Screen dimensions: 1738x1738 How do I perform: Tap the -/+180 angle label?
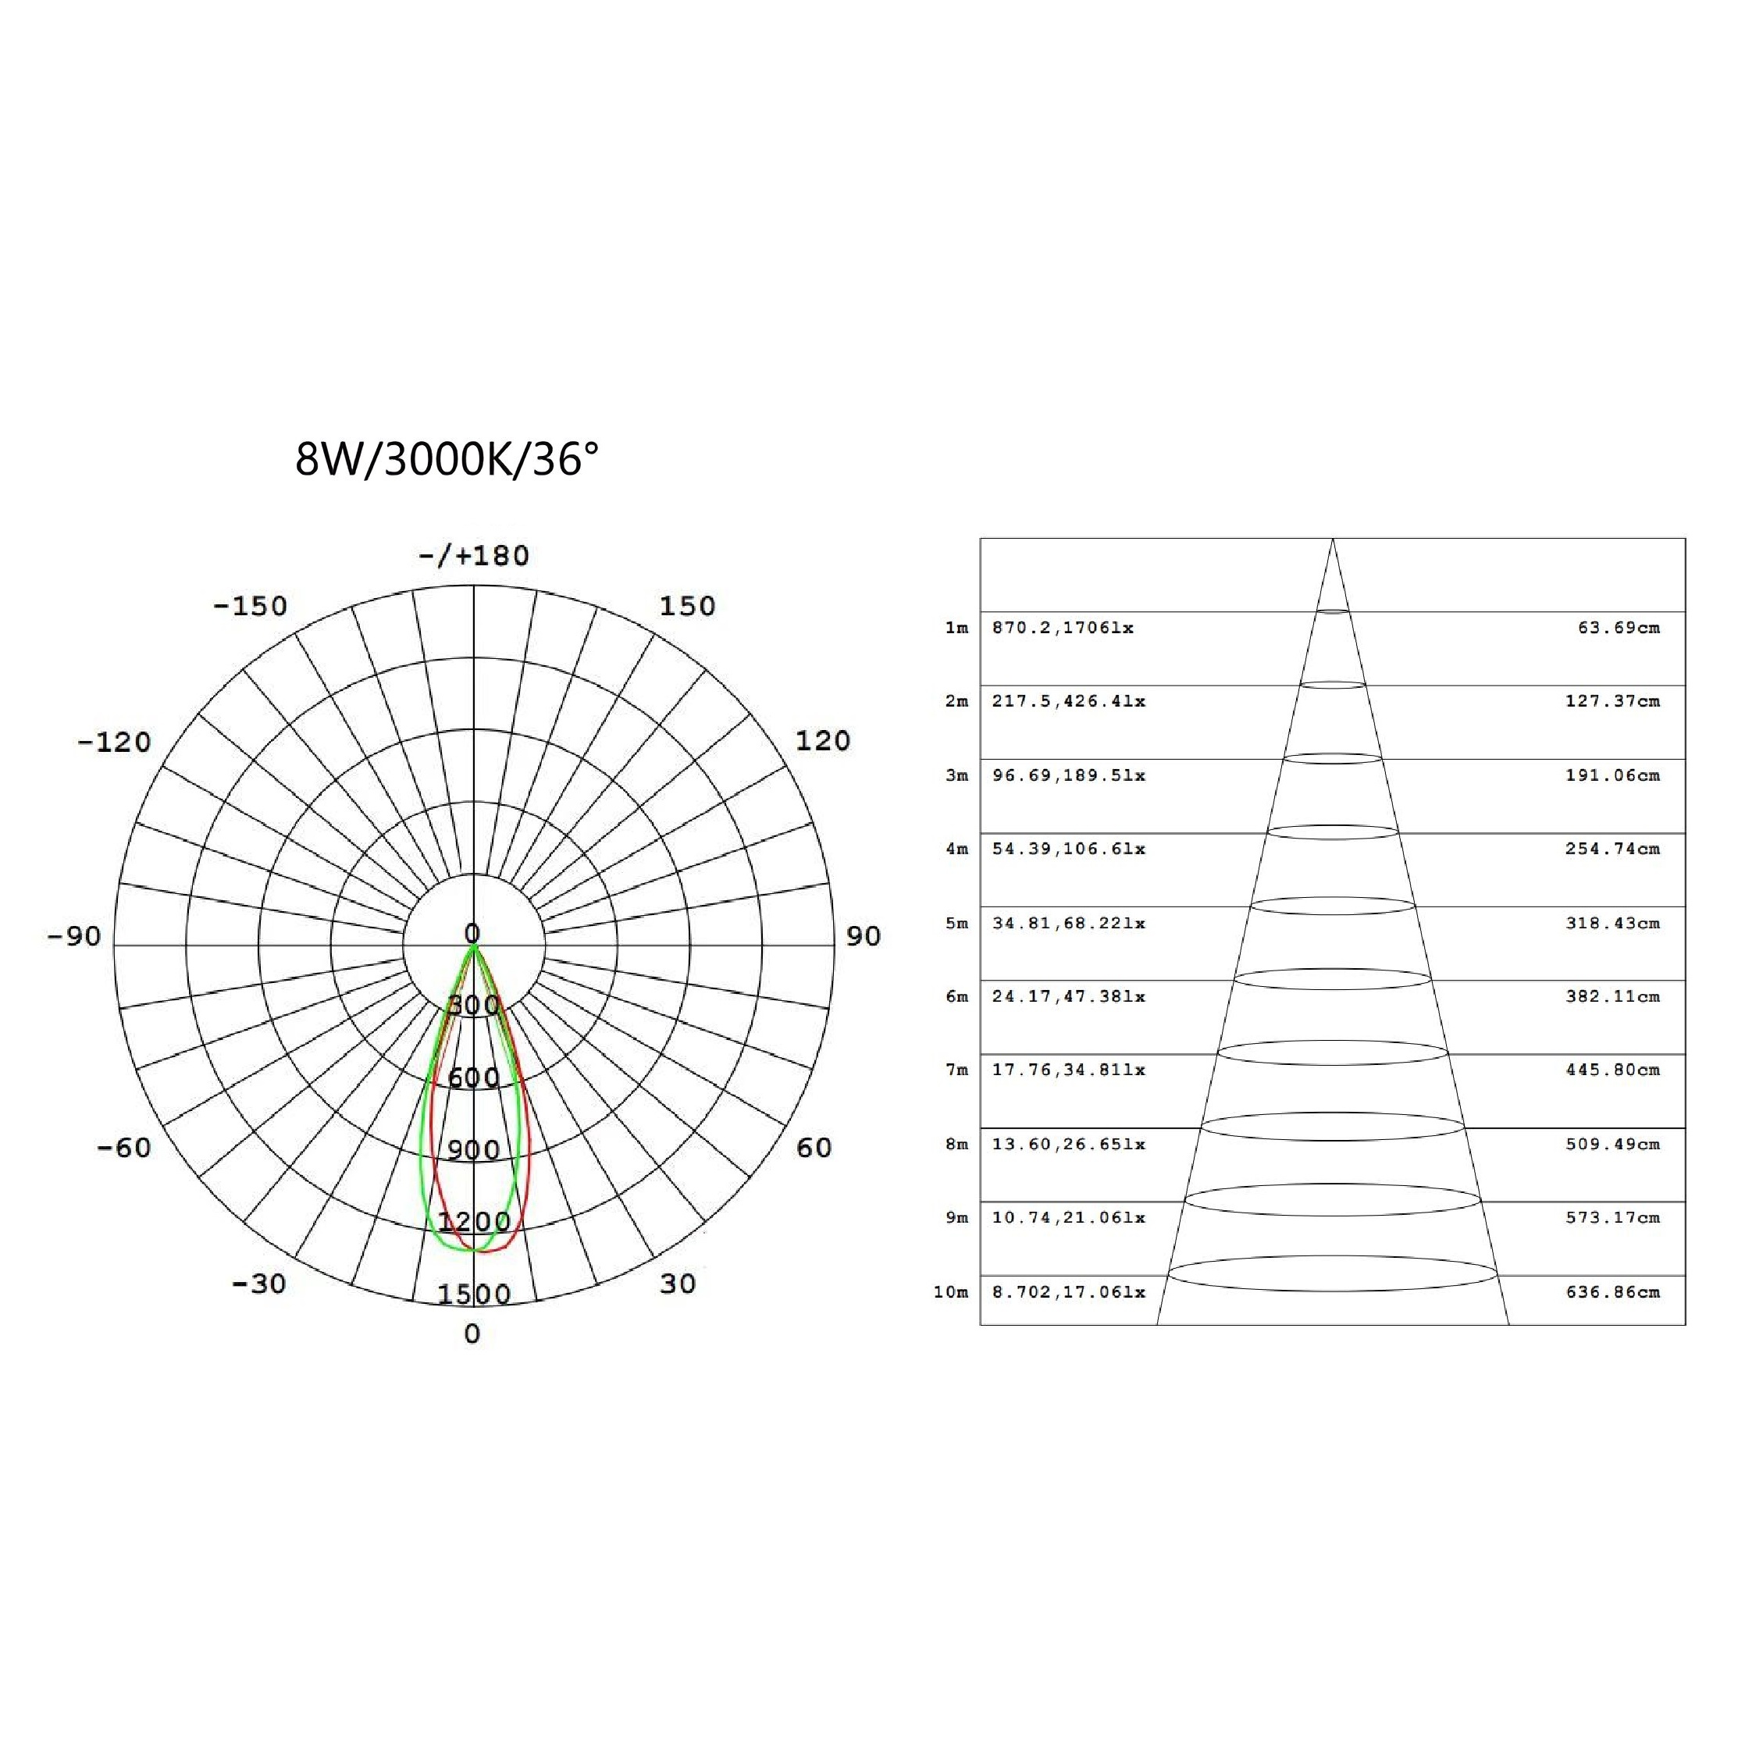click(x=474, y=555)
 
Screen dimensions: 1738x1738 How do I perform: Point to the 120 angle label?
click(x=823, y=740)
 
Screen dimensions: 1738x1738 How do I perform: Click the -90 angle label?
click(x=73, y=935)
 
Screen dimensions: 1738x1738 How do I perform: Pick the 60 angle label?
click(x=814, y=1147)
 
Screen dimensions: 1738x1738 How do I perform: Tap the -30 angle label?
click(x=259, y=1283)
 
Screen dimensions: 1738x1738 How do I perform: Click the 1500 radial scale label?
click(x=474, y=1294)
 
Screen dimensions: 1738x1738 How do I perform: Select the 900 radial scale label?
click(x=474, y=1149)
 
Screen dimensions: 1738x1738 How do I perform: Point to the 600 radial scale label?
click(x=474, y=1077)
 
